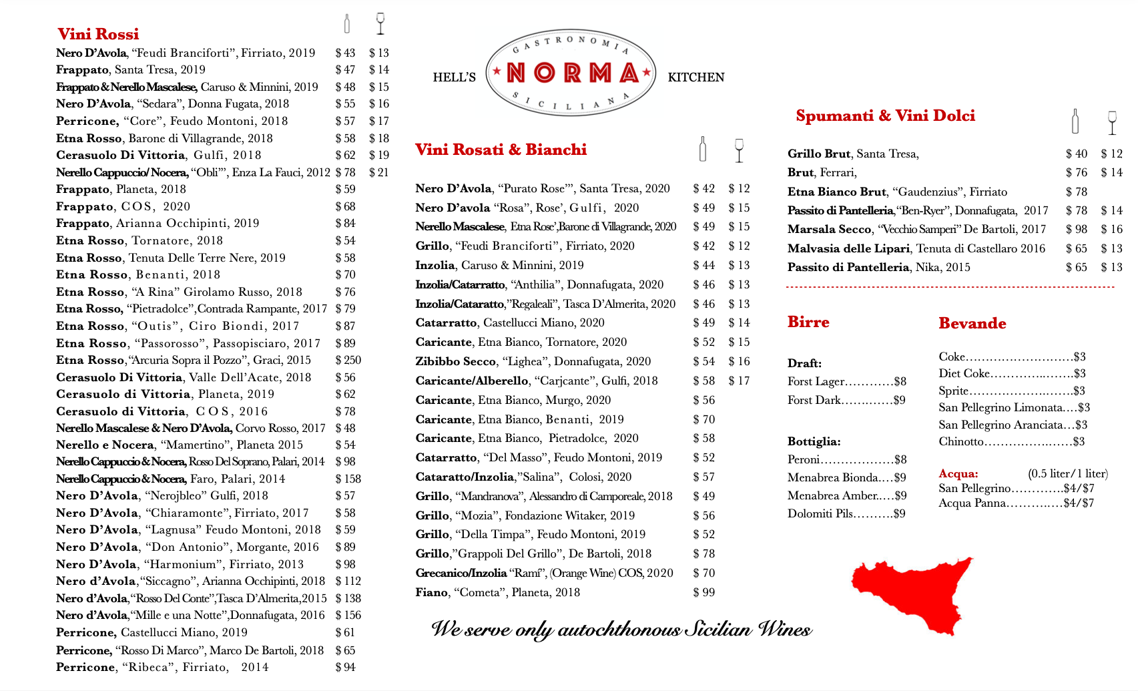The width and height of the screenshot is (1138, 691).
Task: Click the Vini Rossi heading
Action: tap(98, 34)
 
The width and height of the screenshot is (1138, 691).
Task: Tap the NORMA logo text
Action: tap(571, 73)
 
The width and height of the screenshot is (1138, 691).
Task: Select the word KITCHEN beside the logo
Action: tap(695, 77)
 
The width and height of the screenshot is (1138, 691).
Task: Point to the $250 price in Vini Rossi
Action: tap(348, 360)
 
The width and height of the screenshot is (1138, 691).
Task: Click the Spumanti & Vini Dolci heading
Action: tap(885, 116)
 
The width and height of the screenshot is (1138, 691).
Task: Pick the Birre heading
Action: tap(808, 322)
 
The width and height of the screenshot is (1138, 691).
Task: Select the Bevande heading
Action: tap(972, 323)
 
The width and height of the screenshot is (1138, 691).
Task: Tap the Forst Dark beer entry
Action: tap(814, 400)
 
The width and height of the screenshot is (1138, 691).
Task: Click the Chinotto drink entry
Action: tap(961, 441)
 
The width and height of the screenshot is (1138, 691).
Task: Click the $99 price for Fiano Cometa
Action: tap(703, 592)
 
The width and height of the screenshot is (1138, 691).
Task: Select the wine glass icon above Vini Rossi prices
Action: tap(380, 23)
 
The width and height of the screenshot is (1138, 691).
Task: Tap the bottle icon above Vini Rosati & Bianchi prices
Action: tap(702, 149)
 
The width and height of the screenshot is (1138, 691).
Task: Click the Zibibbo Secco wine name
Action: tap(455, 361)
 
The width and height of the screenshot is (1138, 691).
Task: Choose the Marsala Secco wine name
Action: tap(829, 229)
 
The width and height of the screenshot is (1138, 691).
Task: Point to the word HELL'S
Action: tap(454, 77)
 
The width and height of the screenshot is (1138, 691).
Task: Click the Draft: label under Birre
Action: tap(804, 363)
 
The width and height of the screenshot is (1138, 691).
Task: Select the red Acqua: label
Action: tap(958, 473)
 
